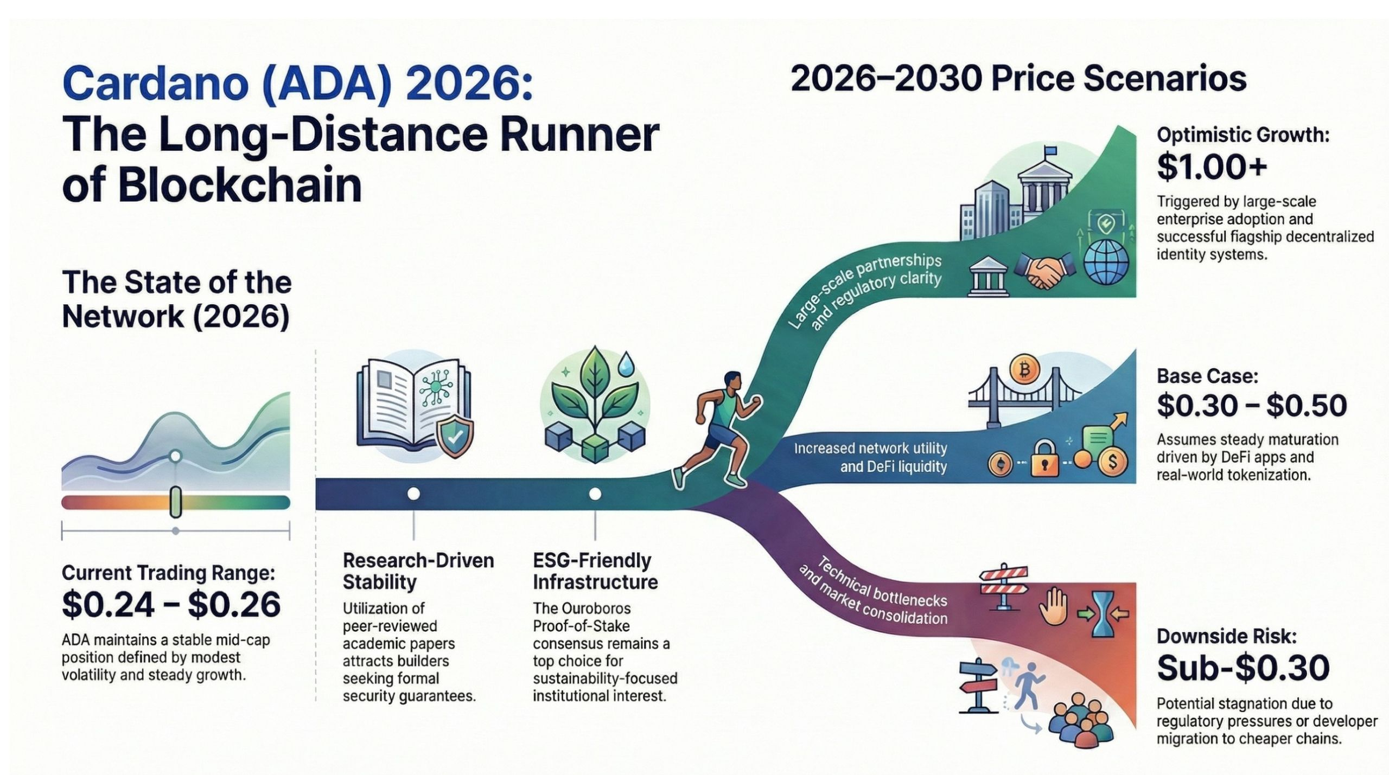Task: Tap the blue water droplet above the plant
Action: coord(628,364)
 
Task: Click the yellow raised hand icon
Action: coord(1053,607)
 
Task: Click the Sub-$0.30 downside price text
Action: coord(1243,668)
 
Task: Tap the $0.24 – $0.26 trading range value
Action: coord(171,605)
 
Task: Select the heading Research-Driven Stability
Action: coord(418,571)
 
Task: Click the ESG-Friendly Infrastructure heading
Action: coord(595,571)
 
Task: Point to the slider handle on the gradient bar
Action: coord(175,502)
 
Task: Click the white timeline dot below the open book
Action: coord(413,494)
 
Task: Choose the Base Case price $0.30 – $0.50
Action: coord(1251,406)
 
